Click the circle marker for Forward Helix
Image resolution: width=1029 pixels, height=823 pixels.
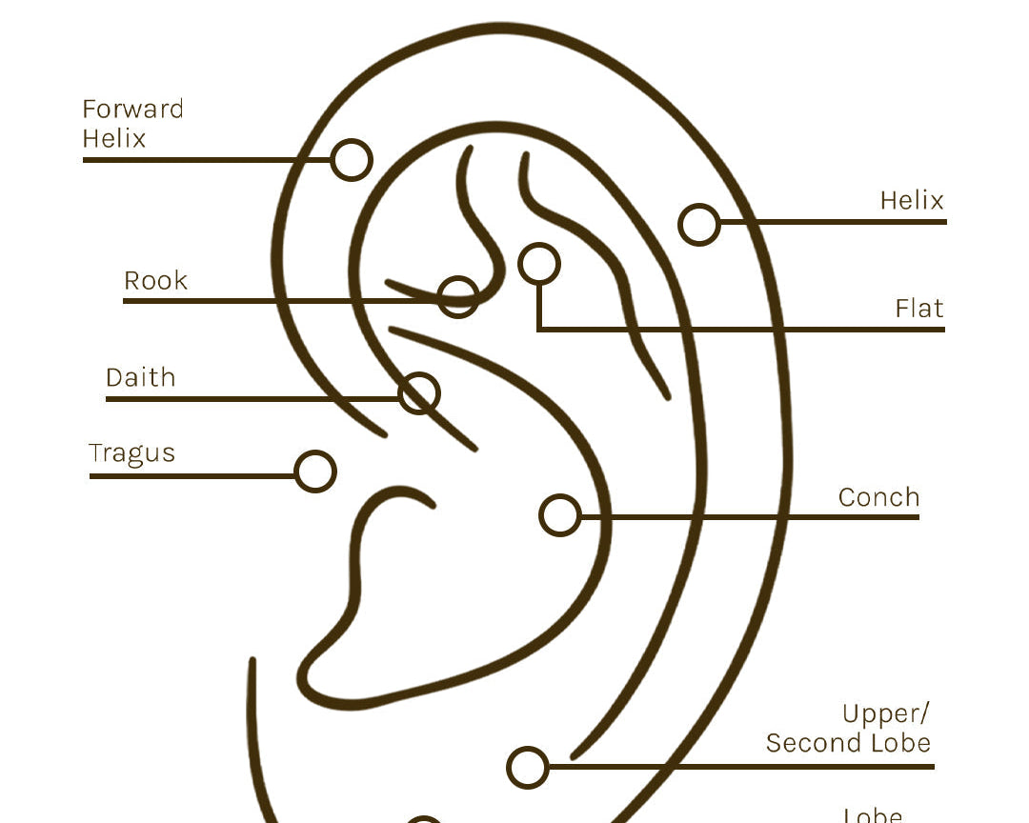click(352, 160)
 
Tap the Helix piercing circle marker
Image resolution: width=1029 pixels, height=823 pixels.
click(699, 225)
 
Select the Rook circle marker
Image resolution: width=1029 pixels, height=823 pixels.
click(458, 297)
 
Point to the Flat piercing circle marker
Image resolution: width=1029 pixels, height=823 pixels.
click(539, 264)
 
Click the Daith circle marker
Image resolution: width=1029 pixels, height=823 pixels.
click(419, 393)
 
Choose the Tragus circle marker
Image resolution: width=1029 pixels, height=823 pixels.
click(315, 472)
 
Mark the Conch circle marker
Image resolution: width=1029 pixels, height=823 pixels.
click(559, 515)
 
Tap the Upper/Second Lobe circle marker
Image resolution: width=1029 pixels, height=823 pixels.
click(528, 767)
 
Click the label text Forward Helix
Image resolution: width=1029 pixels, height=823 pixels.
click(131, 124)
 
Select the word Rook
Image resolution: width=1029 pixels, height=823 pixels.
click(155, 281)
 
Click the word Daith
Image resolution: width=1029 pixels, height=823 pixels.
click(140, 377)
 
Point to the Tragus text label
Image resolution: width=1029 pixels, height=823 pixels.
click(131, 453)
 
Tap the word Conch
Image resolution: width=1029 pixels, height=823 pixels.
click(878, 497)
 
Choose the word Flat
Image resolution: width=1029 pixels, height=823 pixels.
click(918, 309)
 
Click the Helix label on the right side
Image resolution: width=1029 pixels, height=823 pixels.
click(911, 201)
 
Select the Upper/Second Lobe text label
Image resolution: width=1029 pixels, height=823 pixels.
click(848, 729)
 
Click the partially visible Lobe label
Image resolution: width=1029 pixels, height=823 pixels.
click(873, 815)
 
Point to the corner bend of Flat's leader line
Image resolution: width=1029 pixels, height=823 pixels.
click(539, 330)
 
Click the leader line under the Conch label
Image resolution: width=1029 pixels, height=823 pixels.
click(762, 517)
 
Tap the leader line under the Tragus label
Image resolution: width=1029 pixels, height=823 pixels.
click(191, 475)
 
